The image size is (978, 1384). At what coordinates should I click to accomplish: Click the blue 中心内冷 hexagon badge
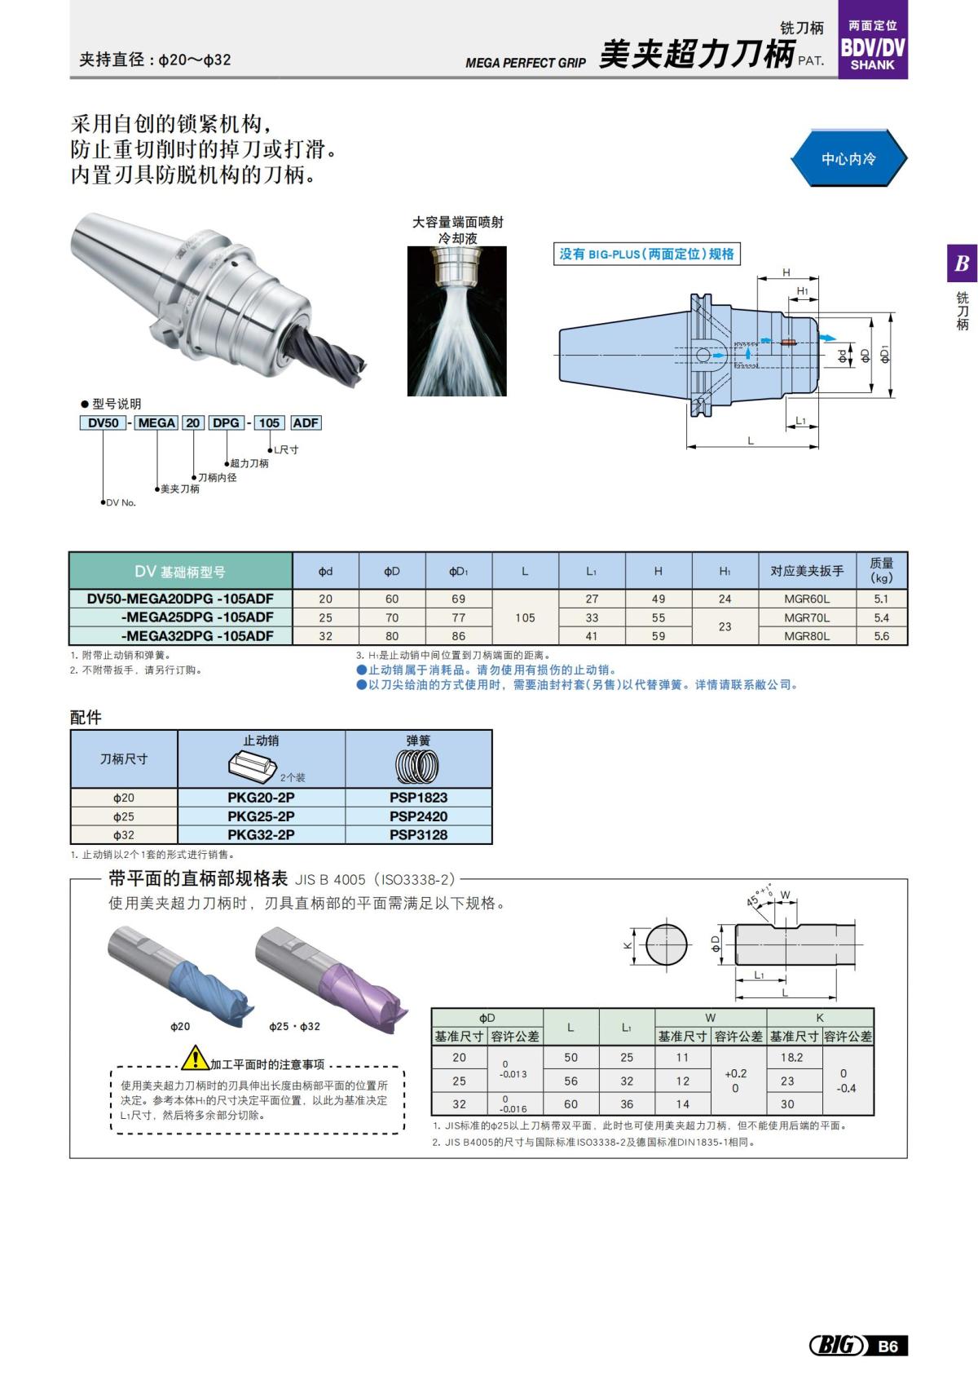click(848, 159)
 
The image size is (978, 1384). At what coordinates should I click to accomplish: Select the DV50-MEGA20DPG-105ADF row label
click(180, 599)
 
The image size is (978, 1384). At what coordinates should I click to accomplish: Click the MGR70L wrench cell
click(807, 617)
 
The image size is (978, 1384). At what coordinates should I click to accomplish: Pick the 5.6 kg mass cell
click(881, 636)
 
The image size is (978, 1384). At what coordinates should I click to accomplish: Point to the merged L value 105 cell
click(525, 617)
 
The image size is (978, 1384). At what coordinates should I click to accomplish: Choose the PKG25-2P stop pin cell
click(261, 816)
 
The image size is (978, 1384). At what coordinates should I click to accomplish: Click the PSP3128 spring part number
click(418, 834)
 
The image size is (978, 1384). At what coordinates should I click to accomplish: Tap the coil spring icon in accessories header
click(418, 767)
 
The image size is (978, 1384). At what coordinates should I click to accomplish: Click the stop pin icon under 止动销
click(253, 767)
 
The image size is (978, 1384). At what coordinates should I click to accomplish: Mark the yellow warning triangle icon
click(196, 1058)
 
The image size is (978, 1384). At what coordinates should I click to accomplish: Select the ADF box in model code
click(306, 422)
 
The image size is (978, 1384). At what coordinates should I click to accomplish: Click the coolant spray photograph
click(456, 321)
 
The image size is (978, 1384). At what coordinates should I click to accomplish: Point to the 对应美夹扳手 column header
click(807, 571)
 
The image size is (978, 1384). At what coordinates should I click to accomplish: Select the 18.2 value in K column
click(791, 1057)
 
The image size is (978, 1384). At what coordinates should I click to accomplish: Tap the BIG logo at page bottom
click(837, 1346)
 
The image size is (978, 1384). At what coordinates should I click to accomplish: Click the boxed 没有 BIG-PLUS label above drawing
click(647, 254)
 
